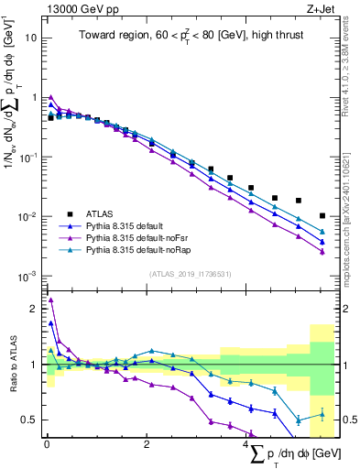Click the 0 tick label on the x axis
click(x=47, y=444)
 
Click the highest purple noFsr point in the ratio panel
click(x=50, y=300)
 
